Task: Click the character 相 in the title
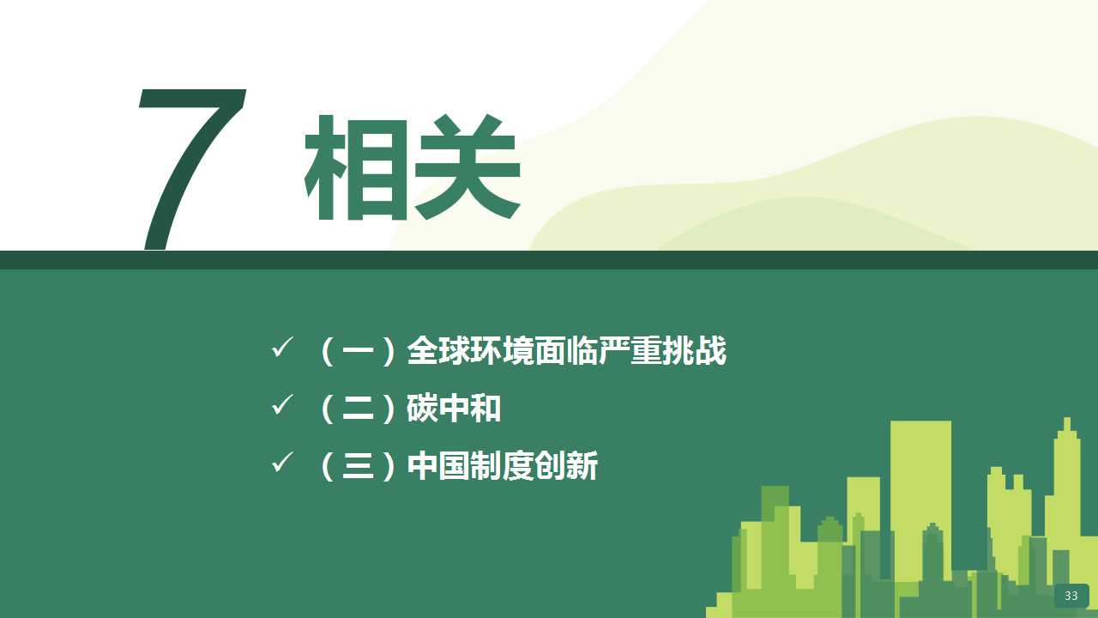click(356, 167)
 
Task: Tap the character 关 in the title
click(468, 167)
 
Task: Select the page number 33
click(1071, 596)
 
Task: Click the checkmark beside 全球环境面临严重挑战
click(282, 347)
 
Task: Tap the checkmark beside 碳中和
click(282, 404)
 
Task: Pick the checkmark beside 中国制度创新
click(282, 462)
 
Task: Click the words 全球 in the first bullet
click(438, 351)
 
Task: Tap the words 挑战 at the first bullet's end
click(694, 351)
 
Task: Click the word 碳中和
click(454, 408)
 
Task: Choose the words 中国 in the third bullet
click(438, 465)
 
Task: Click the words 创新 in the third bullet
click(566, 465)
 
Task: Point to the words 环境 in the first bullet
click(502, 351)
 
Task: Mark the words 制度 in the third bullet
click(502, 465)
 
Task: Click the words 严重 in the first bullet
click(630, 351)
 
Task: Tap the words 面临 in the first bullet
click(566, 351)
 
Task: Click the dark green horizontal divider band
click(549, 260)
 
